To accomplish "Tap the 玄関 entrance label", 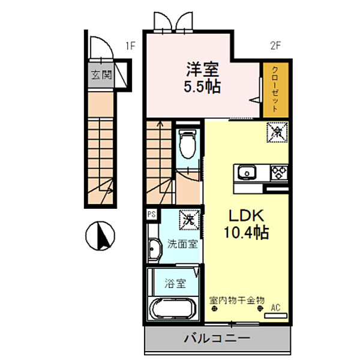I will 101,76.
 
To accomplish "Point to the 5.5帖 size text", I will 202,86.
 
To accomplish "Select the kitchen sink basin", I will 247,174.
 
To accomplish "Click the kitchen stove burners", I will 279,173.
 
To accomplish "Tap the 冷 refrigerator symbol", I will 277,130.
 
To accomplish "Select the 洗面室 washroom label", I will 182,244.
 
